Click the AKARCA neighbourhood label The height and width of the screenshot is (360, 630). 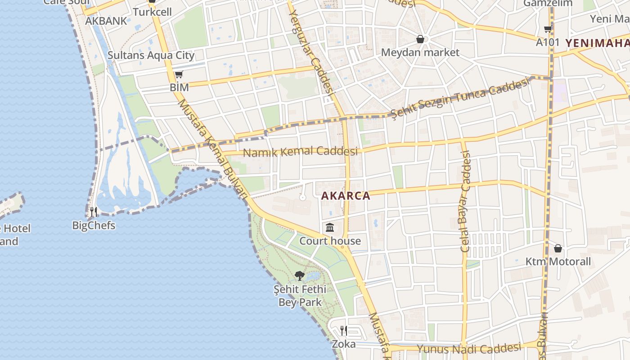coord(346,196)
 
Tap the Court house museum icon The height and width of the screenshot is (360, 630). coord(330,228)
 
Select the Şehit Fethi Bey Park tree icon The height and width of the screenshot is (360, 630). coord(300,276)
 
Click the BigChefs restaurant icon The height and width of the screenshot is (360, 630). coord(94,211)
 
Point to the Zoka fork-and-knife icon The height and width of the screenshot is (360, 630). coord(344,331)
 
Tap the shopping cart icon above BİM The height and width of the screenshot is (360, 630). coord(179,74)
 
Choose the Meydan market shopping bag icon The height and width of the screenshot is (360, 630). coord(420,40)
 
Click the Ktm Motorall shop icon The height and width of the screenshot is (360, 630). coord(558,248)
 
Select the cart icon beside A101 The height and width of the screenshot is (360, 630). coord(548,29)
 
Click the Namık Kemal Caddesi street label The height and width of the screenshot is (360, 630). coord(300,152)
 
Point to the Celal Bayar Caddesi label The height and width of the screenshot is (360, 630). coord(465,201)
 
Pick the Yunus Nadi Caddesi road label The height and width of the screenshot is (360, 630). coord(468,349)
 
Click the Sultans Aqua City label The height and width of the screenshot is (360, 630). coord(151,55)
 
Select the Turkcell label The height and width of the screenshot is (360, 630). coord(153,12)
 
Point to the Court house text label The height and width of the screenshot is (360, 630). coord(330,241)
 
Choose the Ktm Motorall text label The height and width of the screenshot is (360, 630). coord(558,261)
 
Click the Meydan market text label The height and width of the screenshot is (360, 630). coord(420,52)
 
